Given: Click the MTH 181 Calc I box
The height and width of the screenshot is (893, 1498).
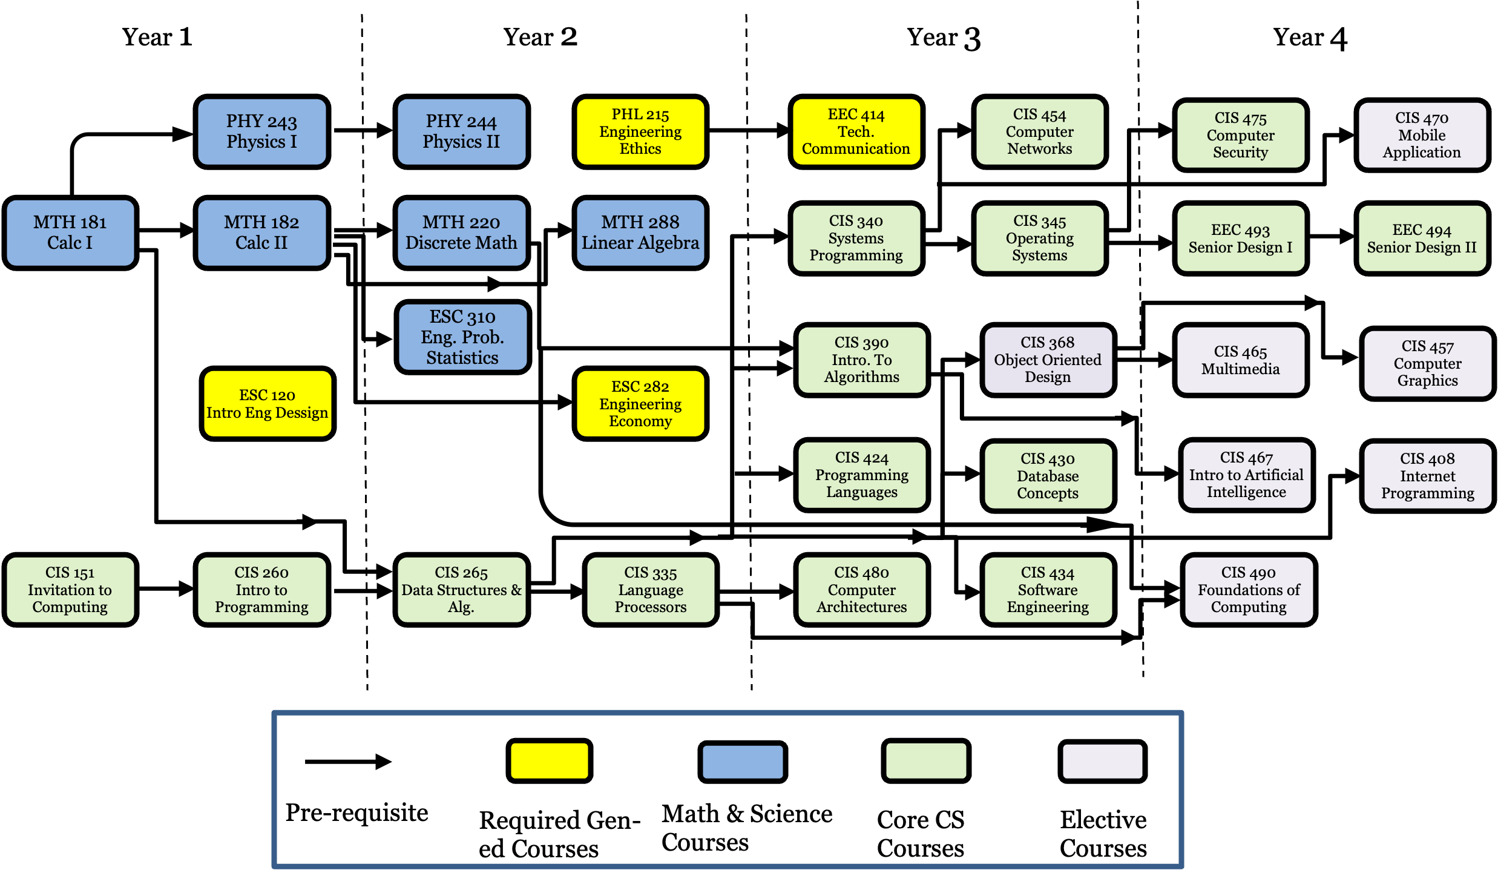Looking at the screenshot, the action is point(70,232).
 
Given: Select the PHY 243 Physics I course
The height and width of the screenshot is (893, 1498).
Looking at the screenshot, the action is point(261,131).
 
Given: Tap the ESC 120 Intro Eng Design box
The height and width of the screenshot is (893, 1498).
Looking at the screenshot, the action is point(267,404).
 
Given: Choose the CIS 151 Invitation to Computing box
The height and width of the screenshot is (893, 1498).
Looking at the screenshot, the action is point(70,590).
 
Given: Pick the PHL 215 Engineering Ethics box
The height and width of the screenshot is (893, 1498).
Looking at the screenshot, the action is point(640,131).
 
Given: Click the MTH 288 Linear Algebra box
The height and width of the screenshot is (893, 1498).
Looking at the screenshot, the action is point(640,232).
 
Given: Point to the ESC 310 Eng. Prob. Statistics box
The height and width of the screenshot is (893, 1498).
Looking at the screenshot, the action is point(463,337).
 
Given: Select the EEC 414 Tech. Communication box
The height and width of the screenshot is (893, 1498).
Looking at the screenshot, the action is point(856,131).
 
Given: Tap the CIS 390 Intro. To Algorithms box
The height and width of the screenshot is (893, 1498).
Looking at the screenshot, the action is point(862,360).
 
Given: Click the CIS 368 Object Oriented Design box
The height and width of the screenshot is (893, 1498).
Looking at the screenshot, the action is point(1048,360).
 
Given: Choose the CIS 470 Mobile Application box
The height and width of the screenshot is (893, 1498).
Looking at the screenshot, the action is point(1422,135).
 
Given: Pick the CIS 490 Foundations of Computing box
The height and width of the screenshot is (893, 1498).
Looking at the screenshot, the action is point(1249,590).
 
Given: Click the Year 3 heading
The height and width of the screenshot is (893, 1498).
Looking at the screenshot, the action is point(944,38).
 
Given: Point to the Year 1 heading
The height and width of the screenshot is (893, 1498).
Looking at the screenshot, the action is point(157,37).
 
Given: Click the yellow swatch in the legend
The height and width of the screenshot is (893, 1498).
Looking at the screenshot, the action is point(550,760).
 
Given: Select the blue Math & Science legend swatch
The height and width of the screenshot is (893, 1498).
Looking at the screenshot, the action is point(743,762).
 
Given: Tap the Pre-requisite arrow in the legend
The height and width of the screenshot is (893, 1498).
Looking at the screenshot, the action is point(348,762).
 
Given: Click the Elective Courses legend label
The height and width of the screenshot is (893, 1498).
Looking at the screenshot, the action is point(1103,834).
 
